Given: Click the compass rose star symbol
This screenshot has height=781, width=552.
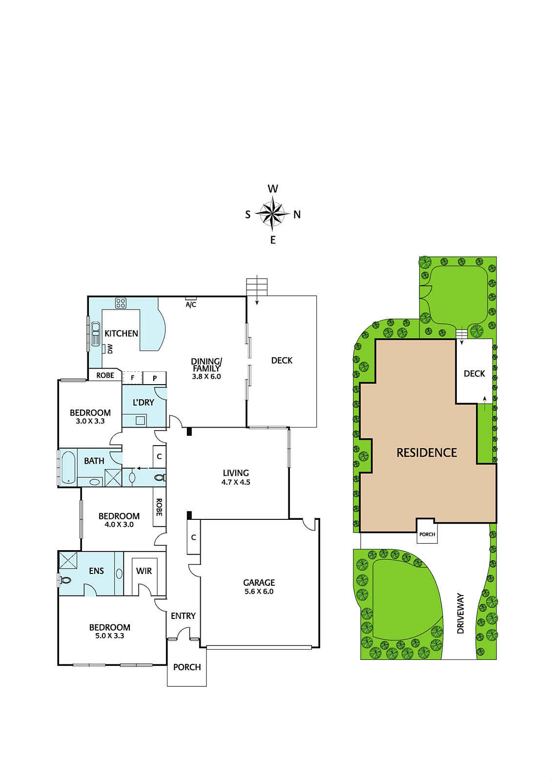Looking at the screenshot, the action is point(272,213).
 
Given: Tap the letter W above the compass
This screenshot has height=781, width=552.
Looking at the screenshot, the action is point(273,188).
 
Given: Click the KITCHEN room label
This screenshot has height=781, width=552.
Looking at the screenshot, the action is point(122,333).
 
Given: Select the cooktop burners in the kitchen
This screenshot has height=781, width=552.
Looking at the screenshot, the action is point(121,303).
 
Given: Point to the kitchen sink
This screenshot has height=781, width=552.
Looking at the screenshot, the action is point(95,334).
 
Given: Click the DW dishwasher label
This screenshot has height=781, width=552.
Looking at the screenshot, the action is point(110,349).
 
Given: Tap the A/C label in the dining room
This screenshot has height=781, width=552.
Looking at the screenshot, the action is point(191,305).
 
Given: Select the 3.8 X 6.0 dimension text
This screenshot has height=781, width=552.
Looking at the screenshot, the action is point(206,376).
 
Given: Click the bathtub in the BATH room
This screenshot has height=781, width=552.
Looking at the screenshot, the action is point(68,468).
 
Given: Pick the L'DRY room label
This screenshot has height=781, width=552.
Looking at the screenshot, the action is point(143,402).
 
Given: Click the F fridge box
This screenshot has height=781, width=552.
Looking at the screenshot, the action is point(132,378).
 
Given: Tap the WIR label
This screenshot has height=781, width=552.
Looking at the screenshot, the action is point(144,571).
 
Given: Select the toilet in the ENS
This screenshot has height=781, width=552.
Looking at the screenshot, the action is point(65,580).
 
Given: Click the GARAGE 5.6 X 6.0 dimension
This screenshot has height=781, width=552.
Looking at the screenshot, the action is point(259,591).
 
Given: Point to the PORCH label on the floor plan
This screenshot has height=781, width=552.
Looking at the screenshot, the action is point(187,667).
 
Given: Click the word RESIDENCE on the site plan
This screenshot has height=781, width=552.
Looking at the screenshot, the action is point(427,452).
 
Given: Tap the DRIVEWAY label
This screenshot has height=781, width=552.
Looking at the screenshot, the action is point(460,613).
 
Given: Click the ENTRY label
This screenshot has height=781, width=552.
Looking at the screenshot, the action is point(183,616).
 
